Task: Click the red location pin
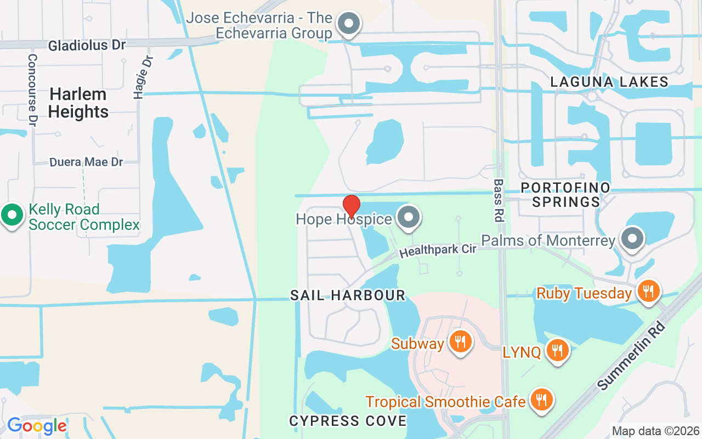tap(351, 206)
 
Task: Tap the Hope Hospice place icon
tap(408, 218)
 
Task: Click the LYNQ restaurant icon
tap(558, 350)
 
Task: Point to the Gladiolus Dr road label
tap(87, 45)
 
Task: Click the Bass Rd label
tap(498, 200)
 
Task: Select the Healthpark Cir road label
tap(438, 251)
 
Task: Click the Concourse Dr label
tap(32, 90)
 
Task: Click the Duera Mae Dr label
tap(86, 162)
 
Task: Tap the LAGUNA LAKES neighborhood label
tap(609, 82)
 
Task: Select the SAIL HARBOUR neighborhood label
tap(348, 295)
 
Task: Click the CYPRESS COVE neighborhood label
tap(348, 421)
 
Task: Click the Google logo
tap(36, 426)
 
